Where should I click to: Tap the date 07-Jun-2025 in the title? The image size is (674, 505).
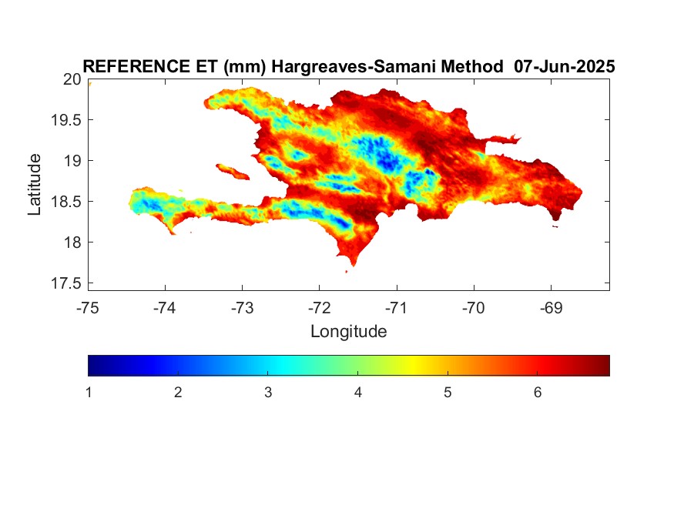565,66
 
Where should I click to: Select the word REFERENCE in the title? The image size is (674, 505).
136,66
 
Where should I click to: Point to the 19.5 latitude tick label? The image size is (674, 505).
65,120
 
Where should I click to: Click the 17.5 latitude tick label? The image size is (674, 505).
65,283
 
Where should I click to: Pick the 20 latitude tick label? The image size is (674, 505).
72,79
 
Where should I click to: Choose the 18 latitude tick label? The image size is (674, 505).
72,242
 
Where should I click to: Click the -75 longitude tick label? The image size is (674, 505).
87,308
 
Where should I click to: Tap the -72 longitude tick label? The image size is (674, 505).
320,308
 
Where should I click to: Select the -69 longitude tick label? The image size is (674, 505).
551,308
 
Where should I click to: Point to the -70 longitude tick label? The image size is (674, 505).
473,308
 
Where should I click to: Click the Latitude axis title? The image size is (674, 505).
35,185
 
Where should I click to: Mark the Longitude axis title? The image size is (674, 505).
349,332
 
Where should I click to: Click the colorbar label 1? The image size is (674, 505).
89,393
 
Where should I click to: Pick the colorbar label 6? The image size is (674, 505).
538,393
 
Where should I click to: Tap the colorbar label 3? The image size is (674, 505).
268,393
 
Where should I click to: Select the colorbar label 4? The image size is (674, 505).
357,393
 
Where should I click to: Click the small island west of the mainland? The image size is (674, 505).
233,172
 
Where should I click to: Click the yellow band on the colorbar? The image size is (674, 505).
413,366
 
